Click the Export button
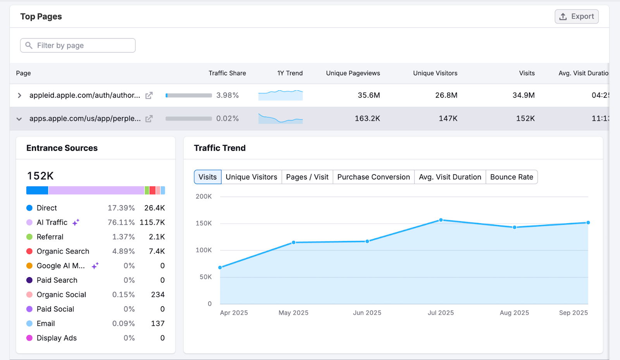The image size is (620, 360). click(577, 17)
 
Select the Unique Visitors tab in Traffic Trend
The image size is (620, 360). click(251, 177)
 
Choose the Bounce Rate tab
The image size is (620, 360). click(511, 177)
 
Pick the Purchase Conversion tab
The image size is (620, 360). click(373, 177)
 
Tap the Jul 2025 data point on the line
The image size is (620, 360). click(441, 220)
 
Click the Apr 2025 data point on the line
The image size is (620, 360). click(220, 267)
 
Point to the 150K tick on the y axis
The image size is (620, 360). click(204, 224)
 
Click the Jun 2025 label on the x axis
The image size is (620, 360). click(367, 313)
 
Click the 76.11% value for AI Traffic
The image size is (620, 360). click(121, 222)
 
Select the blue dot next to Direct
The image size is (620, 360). click(29, 208)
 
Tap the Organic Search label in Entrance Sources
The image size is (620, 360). click(63, 251)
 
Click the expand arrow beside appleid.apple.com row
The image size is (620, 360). click(19, 95)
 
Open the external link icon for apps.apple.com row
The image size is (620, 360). click(149, 119)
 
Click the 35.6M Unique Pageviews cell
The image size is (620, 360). click(369, 95)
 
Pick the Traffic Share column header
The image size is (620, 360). click(227, 73)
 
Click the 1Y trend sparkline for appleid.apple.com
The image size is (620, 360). click(281, 95)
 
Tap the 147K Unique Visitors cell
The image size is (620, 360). click(448, 119)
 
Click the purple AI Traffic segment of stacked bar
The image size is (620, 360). click(96, 190)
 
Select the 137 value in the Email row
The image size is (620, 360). click(158, 324)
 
